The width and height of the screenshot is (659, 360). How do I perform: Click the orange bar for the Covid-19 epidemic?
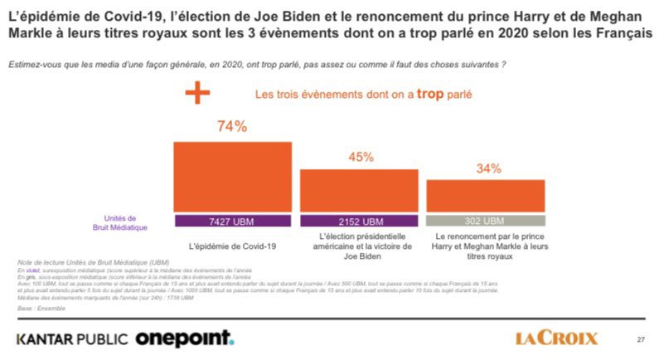point(232,177)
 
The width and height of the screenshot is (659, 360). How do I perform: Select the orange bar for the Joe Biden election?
point(359,191)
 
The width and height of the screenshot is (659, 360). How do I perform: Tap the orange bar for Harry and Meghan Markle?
point(486,196)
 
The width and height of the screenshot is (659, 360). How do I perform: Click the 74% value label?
point(232,127)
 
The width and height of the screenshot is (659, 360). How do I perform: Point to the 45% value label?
point(359,157)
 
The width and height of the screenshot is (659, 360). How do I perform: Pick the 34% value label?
point(487,168)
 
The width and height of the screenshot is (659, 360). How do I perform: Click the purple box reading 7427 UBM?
point(232,221)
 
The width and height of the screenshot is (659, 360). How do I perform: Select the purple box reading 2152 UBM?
point(359,221)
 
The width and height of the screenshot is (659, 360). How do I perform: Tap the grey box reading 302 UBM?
point(486,221)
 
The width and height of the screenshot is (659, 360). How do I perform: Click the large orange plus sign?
point(196,93)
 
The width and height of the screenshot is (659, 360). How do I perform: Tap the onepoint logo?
point(185,338)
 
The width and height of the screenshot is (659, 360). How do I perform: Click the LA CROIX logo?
point(556,338)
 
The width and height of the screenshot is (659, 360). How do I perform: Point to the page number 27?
point(640,338)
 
